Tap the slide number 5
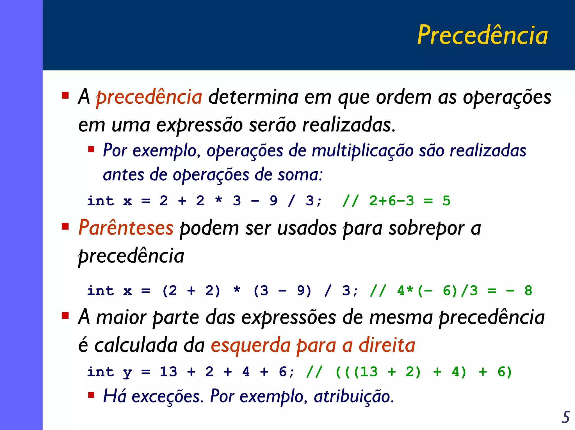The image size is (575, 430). click(565, 417)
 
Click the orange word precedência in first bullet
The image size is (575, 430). click(149, 97)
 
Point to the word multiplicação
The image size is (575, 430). click(362, 151)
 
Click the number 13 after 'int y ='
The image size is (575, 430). click(168, 372)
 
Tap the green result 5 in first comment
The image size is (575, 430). click(446, 201)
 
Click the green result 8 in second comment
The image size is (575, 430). click(528, 291)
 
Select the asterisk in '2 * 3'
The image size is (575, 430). click(218, 200)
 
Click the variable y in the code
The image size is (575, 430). click(127, 372)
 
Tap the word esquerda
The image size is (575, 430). click(250, 346)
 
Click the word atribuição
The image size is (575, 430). click(354, 397)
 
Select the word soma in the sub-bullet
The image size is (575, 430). click(300, 175)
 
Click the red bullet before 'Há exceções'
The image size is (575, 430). click(91, 395)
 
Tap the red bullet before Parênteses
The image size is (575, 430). click(65, 226)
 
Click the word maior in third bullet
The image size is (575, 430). click(121, 317)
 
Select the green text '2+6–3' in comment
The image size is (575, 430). click(391, 201)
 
